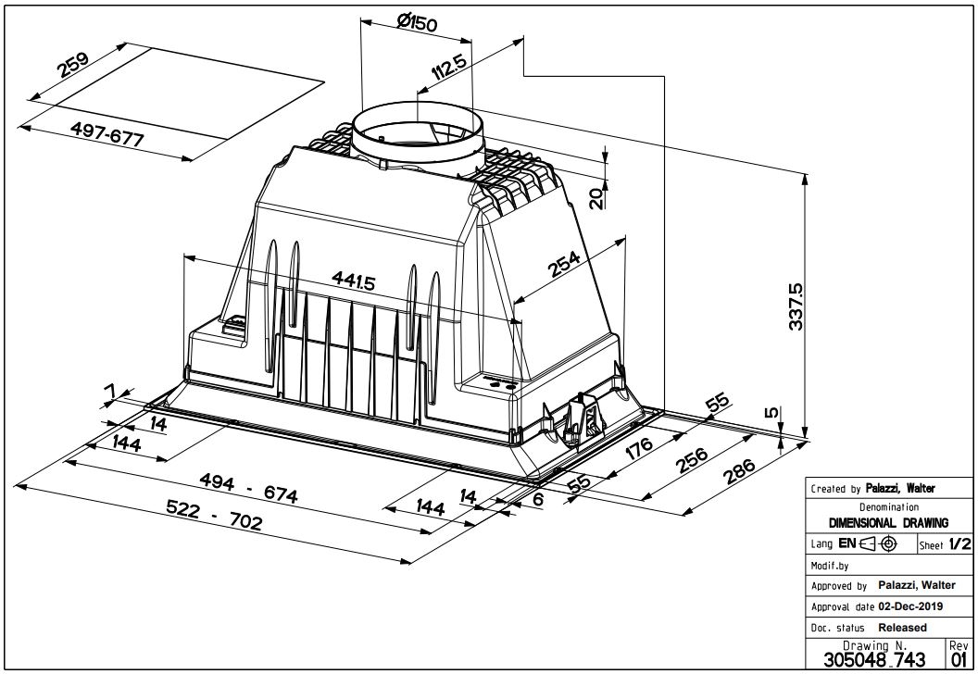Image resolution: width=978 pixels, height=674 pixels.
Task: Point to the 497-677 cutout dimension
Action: click(107, 134)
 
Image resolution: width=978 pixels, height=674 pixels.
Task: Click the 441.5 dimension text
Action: click(353, 281)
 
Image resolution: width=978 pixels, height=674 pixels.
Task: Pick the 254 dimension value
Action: click(564, 264)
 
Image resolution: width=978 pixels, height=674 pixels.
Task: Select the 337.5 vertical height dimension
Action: click(796, 306)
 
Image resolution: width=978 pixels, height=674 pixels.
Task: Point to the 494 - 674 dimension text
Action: click(248, 487)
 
